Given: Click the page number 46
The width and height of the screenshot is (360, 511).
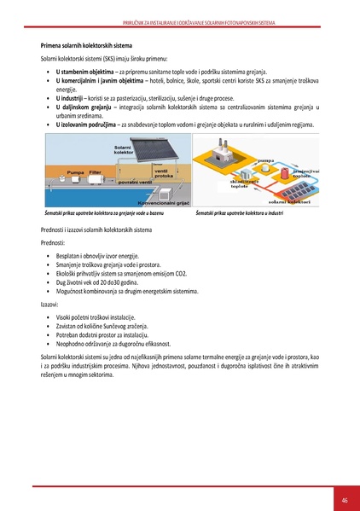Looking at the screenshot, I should click(x=345, y=500).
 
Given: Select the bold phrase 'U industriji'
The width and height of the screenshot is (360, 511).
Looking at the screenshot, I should click(x=73, y=99).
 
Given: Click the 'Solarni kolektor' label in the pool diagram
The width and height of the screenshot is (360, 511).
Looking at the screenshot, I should click(x=115, y=150).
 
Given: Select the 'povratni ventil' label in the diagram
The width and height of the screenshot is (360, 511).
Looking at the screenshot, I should click(x=112, y=183).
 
